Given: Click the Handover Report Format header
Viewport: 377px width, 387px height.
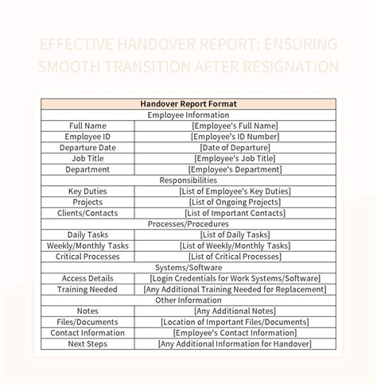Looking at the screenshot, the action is (188, 103).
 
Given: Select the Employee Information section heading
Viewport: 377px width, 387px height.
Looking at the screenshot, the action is (188, 114).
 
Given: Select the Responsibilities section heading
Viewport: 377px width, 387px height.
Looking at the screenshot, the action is (188, 180).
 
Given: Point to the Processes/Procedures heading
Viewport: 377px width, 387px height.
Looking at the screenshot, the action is (188, 224).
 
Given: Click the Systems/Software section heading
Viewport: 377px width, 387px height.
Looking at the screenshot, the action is (188, 268).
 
